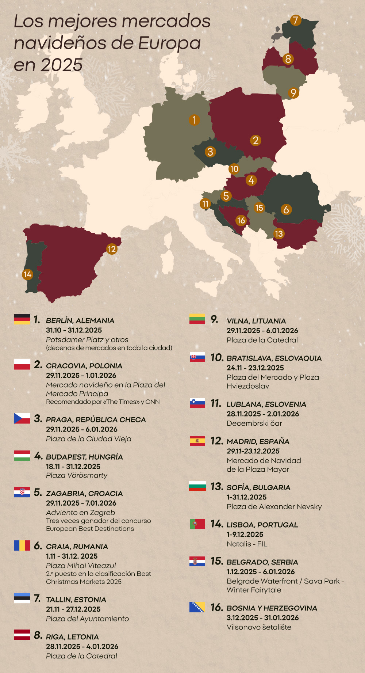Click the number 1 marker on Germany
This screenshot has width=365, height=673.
pos(194,120)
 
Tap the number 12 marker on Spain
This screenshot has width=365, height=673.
pos(112,249)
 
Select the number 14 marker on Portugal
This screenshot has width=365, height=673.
pos(27,274)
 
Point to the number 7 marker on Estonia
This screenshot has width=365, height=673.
pos(296,20)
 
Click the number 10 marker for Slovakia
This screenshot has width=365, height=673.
pos(234,169)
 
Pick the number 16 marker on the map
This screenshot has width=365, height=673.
pos(241,220)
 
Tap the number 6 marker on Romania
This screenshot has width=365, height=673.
pos(286,209)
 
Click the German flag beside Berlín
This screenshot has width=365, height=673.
pos(22,319)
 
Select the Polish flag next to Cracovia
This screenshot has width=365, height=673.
pos(22,364)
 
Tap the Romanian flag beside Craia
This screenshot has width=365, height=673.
pos(22,545)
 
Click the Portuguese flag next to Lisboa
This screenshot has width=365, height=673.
pos(197,524)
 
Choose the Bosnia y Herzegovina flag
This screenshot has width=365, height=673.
pos(197,607)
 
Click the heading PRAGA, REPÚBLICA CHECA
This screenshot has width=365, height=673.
pos(96,420)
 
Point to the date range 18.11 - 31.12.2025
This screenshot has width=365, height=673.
pos(73,467)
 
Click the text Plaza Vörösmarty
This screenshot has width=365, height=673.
pos(77,475)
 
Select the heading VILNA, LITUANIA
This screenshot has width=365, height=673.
pos(256,321)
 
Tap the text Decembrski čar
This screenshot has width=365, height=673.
pos(254,423)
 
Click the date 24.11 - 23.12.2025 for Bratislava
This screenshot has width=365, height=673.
pos(255,368)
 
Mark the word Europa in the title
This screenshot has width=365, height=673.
pos(169,43)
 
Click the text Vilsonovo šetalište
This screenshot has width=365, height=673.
pos(259,627)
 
